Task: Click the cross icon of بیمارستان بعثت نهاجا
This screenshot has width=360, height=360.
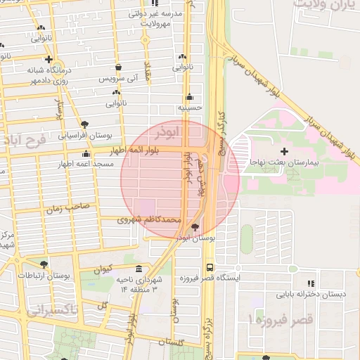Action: (284, 151)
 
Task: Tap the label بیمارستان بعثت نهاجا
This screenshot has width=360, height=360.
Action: (284, 162)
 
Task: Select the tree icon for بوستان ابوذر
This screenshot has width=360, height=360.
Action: (195, 227)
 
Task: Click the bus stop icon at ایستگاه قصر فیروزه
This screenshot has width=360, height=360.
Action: (210, 267)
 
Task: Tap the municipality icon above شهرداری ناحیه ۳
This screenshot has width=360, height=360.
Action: (138, 269)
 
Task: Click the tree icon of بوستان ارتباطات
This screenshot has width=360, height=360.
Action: (44, 264)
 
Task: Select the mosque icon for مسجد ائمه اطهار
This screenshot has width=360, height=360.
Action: (86, 154)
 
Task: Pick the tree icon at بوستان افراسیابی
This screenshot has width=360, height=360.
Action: (85, 124)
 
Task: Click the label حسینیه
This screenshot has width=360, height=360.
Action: (189, 108)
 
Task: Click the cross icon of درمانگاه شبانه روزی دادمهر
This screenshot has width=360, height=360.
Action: (49, 60)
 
